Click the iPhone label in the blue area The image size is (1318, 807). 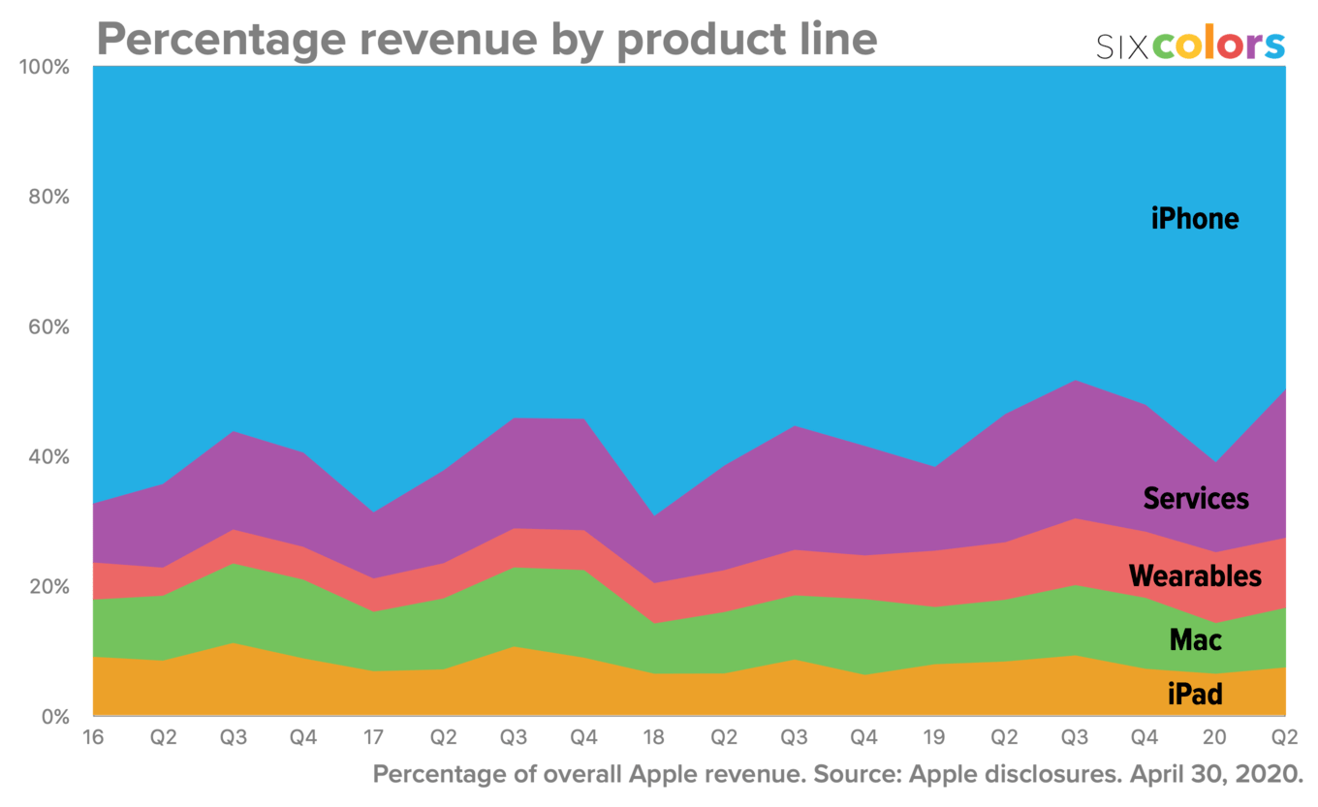click(x=1194, y=219)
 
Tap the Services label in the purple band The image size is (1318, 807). click(x=1196, y=499)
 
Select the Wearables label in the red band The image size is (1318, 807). click(x=1195, y=576)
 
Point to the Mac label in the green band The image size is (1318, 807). click(x=1195, y=639)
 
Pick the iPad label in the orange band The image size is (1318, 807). click(x=1195, y=694)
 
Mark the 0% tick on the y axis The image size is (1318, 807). click(x=53, y=717)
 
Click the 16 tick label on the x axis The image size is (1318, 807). click(x=94, y=738)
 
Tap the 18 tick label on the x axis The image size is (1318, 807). click(x=654, y=738)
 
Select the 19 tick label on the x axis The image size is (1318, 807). click(x=934, y=738)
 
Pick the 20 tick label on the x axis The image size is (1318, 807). click(x=1214, y=738)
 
